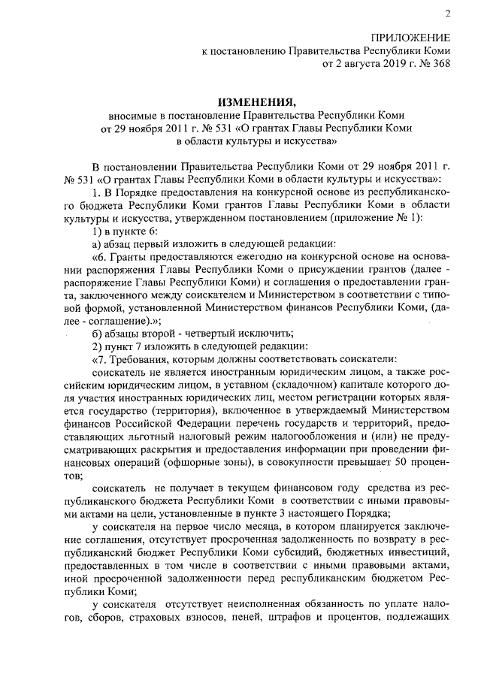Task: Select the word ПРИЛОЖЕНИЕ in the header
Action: (413, 38)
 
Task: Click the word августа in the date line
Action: (359, 65)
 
